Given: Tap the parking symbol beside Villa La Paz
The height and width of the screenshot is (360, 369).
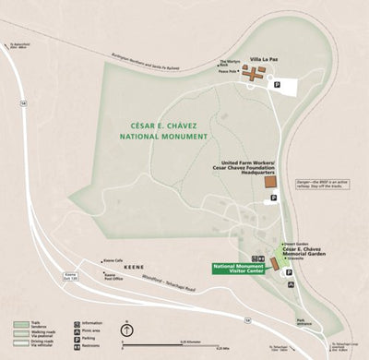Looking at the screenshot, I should (277, 84).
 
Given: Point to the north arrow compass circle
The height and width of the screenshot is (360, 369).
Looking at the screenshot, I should (128, 330).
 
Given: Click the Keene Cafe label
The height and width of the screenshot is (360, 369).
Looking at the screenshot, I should (113, 261).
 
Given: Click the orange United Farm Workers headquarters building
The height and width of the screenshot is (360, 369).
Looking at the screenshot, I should (269, 182).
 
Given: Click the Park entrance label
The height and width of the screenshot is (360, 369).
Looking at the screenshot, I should (303, 322).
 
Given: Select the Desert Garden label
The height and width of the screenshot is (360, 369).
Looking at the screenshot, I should (295, 243).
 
